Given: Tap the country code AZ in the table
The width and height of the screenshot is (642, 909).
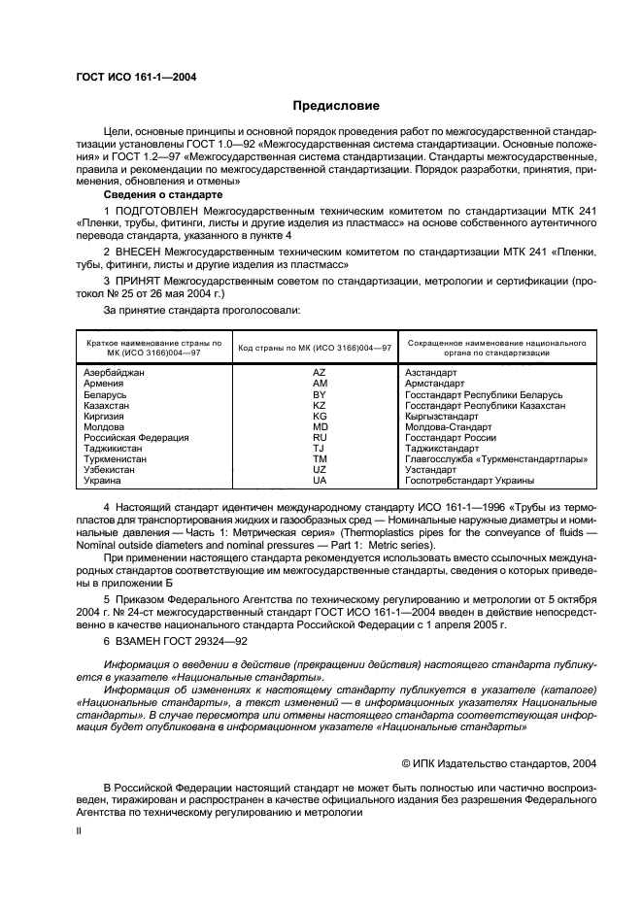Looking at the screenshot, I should [319, 373].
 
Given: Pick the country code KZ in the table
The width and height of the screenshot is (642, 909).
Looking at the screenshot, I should [319, 406].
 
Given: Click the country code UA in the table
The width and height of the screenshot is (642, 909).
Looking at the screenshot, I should [319, 481].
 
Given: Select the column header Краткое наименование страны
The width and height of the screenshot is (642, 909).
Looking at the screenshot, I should [153, 348].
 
